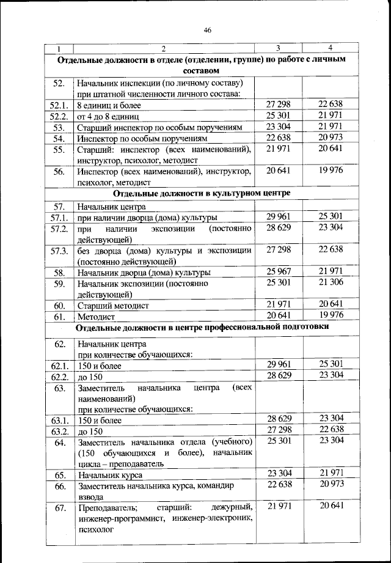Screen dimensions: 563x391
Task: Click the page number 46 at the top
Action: (208, 32)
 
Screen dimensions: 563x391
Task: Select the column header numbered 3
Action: (278, 48)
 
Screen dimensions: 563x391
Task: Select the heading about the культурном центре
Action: (202, 193)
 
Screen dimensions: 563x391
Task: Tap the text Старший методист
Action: (114, 305)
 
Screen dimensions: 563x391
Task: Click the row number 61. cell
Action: (59, 317)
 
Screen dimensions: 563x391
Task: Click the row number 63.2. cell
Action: (59, 432)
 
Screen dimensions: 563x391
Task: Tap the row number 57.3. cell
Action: (59, 251)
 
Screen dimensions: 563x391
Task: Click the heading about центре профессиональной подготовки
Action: (202, 328)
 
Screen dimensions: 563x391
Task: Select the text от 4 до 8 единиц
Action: (109, 116)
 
